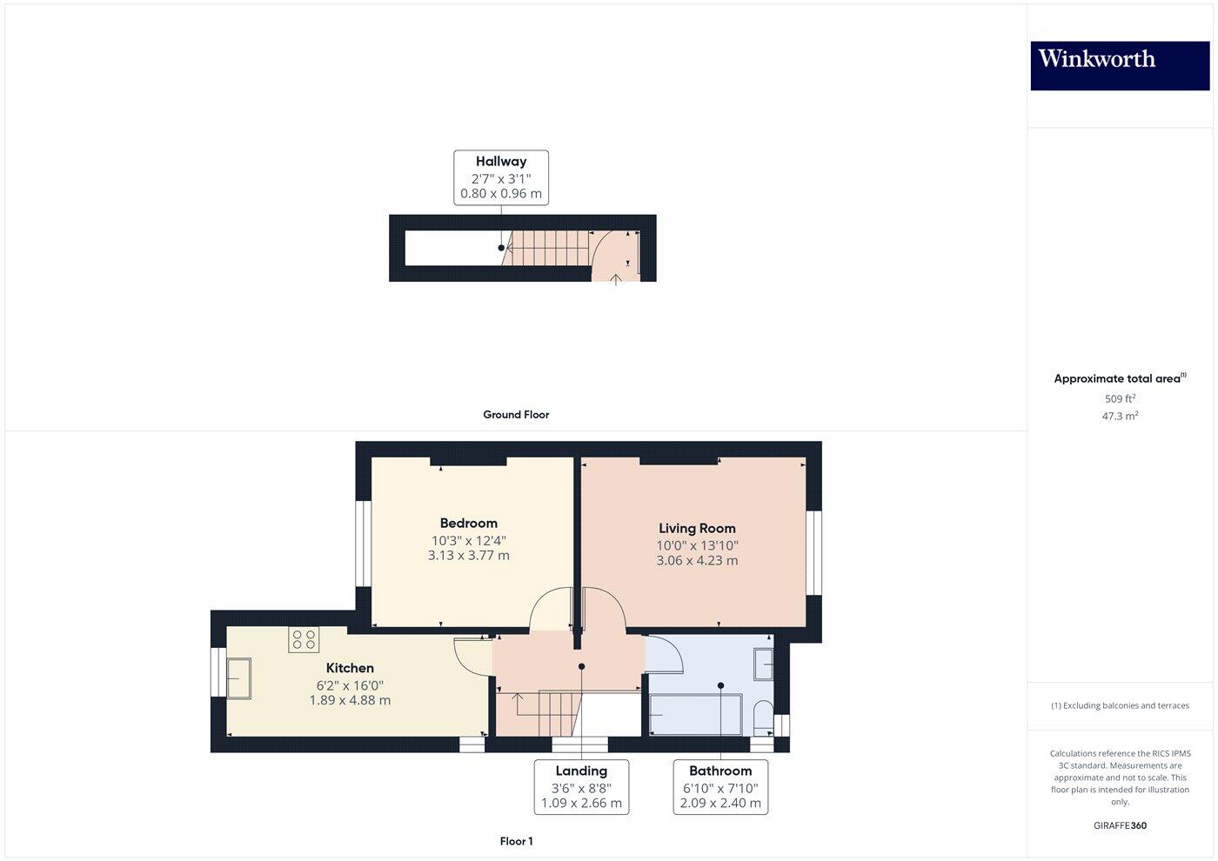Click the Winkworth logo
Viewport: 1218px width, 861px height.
(x=1119, y=65)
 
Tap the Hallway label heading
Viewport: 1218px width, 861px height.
(x=501, y=161)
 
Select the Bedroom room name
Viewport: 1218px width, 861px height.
(x=468, y=523)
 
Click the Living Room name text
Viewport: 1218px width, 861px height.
(x=697, y=528)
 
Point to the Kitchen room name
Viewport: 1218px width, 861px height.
(x=350, y=668)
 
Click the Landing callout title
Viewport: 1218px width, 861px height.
(x=581, y=771)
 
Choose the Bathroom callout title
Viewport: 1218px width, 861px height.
(x=720, y=771)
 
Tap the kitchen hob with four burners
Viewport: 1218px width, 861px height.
(x=304, y=640)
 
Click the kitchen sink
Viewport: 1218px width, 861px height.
(x=238, y=678)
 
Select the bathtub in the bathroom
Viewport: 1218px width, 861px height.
(x=695, y=714)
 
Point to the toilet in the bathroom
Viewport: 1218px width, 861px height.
(x=763, y=715)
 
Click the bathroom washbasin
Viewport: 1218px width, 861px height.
(x=763, y=664)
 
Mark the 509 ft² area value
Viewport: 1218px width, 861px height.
(x=1120, y=398)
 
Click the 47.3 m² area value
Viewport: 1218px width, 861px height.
(x=1120, y=416)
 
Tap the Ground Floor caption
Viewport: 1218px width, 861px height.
(x=516, y=415)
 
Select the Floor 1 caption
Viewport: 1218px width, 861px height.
(x=516, y=841)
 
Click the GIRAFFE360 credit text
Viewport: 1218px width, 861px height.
(x=1120, y=825)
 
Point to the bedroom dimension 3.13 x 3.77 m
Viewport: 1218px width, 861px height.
(x=468, y=555)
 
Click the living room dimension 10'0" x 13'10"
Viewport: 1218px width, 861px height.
(x=697, y=545)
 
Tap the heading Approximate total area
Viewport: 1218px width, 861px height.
(x=1117, y=378)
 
